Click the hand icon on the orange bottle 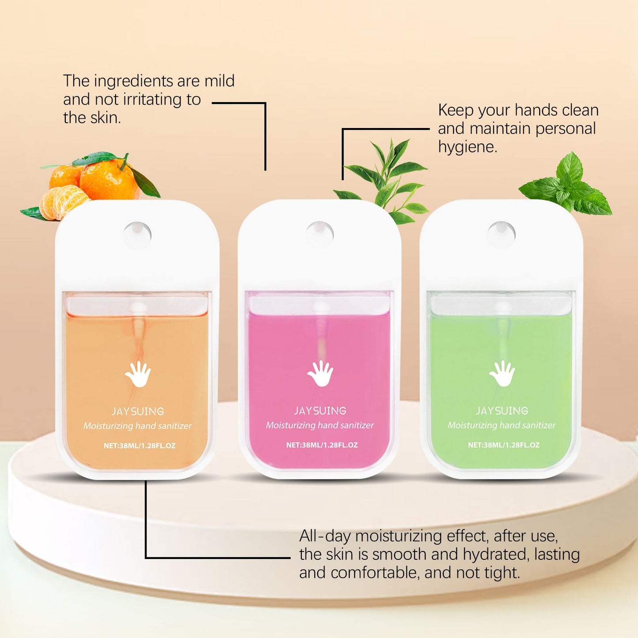tap(138, 374)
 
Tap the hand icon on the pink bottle tap(320, 374)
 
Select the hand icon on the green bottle tap(502, 374)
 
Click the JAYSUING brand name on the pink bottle tap(320, 411)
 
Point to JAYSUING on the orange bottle tap(138, 411)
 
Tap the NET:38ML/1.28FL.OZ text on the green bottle tap(504, 445)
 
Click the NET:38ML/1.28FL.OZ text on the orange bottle tap(140, 445)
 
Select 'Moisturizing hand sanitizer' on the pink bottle tap(320, 426)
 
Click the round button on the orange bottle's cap tap(137, 234)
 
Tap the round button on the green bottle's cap tap(501, 234)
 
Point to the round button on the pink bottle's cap tap(320, 234)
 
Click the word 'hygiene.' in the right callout tap(468, 147)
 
